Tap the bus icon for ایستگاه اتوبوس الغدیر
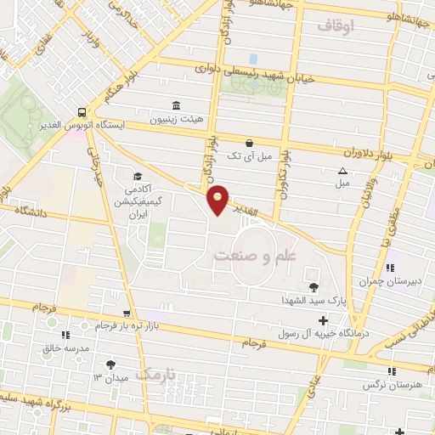(82, 111)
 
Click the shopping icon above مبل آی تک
(248, 144)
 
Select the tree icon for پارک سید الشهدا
(314, 287)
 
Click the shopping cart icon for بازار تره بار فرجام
(127, 314)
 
